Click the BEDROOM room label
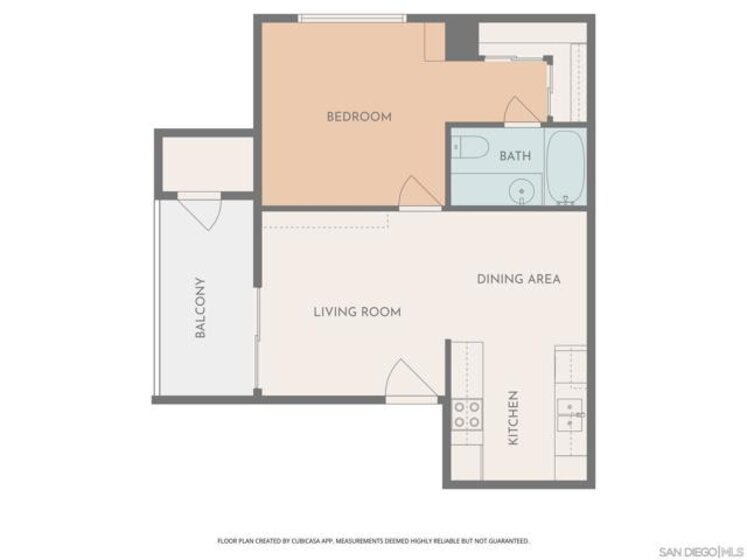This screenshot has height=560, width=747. tap(359, 117)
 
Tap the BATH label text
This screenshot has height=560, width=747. tap(515, 156)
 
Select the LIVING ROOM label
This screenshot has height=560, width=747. tap(357, 312)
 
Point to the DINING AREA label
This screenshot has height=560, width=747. tap(518, 279)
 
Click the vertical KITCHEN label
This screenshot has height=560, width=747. tap(513, 418)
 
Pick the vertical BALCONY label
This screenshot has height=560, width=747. tap(201, 307)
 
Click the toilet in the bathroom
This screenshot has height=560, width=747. tap(470, 147)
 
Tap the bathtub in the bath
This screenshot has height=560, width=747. tap(565, 167)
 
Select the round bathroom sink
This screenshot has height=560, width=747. tap(522, 192)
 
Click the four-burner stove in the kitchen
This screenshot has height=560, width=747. tap(467, 415)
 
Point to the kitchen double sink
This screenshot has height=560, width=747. tap(570, 415)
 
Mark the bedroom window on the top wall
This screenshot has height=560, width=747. tap(353, 19)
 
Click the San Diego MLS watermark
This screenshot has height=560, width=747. tap(701, 552)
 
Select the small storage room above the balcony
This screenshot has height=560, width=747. tap(208, 163)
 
